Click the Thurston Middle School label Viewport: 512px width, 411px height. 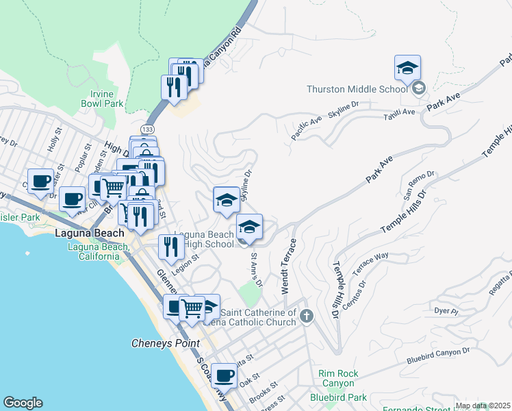(x=357, y=88)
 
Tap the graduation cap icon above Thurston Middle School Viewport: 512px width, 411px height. (x=407, y=68)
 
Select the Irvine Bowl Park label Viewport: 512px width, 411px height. (x=106, y=99)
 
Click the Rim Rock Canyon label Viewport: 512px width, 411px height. (x=337, y=378)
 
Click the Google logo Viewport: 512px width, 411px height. (x=23, y=403)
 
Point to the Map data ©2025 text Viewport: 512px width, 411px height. (x=483, y=406)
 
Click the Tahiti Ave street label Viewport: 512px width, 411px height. (x=399, y=113)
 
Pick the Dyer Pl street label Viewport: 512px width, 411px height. (x=446, y=311)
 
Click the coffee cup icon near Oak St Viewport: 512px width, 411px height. (x=224, y=375)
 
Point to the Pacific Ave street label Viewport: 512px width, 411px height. (x=306, y=128)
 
